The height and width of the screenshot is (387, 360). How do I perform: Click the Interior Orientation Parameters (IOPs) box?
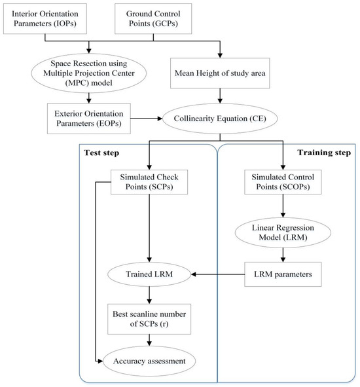[45, 18]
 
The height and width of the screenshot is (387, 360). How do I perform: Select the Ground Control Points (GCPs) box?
[153, 18]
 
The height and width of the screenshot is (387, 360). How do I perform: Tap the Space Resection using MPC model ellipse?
[89, 73]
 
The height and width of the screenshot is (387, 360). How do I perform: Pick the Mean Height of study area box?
[220, 73]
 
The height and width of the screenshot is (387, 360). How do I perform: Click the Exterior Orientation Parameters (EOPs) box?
[89, 119]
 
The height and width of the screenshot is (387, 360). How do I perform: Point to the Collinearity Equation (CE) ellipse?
[220, 119]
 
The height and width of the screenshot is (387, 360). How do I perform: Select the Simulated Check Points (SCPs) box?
[149, 182]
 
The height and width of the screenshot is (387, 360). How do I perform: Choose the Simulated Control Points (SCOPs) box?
[283, 182]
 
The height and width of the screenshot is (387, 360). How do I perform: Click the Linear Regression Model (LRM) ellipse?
[283, 232]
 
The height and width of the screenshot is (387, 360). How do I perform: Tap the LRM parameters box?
[283, 274]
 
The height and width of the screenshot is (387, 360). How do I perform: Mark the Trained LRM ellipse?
[149, 274]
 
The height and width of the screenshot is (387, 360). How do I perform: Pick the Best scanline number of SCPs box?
[149, 319]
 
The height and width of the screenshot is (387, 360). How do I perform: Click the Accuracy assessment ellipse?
[149, 361]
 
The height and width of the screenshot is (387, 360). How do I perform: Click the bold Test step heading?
[101, 153]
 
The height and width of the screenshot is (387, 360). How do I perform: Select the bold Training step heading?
[324, 153]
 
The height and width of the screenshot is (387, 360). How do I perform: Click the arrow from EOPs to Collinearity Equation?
[147, 119]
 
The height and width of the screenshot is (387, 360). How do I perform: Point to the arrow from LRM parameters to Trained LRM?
[218, 274]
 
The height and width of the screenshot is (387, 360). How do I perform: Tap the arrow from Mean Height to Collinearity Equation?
[220, 96]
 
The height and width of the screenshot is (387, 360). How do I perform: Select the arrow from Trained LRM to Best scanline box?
[149, 295]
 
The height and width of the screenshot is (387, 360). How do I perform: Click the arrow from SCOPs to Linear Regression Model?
[283, 206]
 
